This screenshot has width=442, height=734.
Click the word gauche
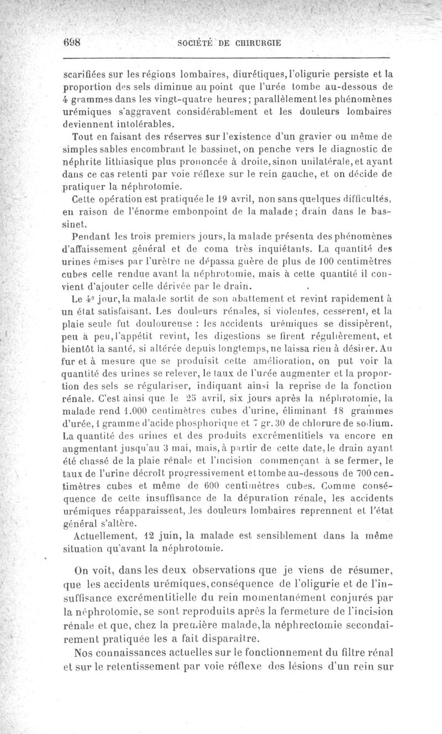292,174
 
